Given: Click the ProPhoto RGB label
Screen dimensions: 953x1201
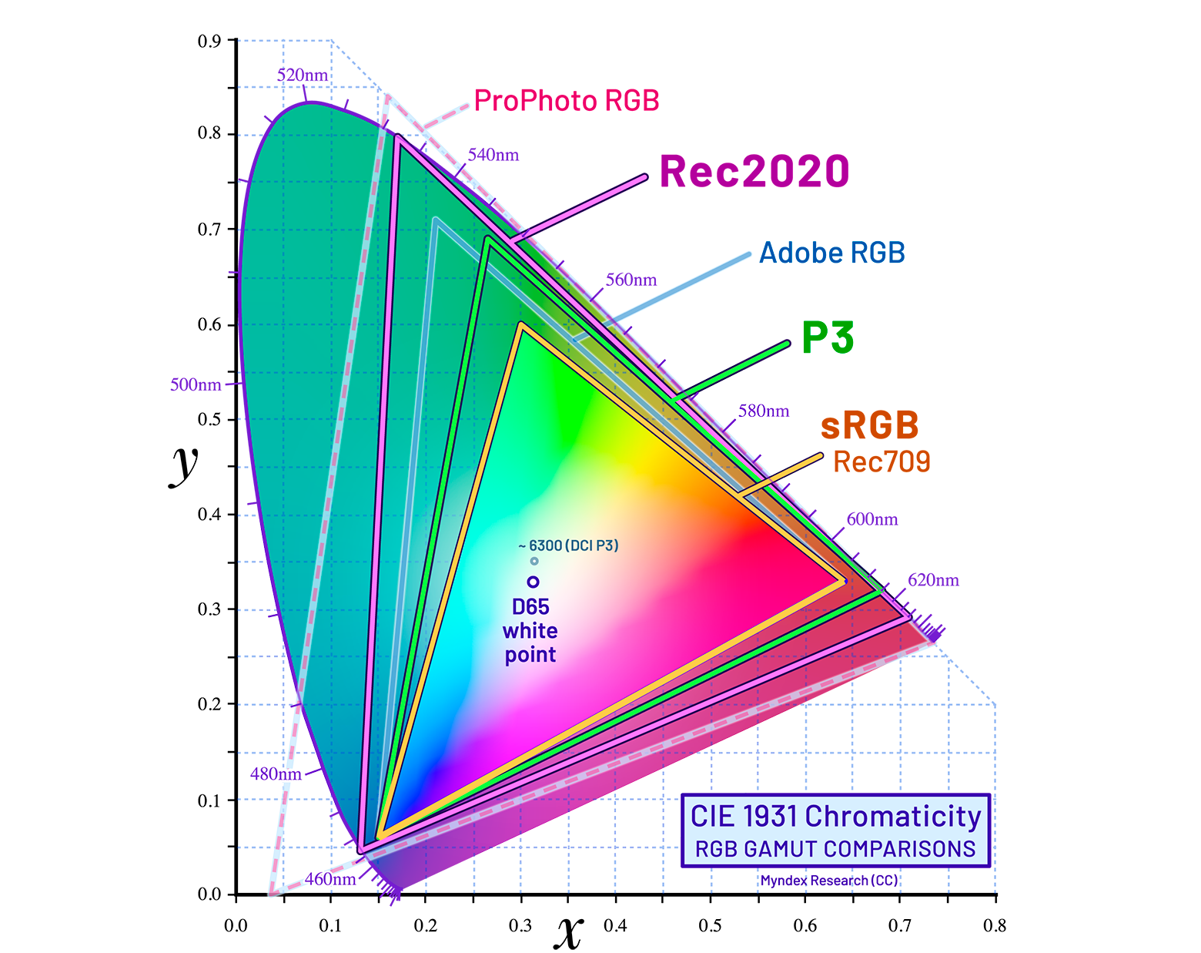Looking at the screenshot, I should pyautogui.click(x=566, y=101).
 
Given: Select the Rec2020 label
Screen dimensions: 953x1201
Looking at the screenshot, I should pyautogui.click(x=754, y=172).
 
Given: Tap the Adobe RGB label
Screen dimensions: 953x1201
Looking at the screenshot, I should pyautogui.click(x=831, y=253).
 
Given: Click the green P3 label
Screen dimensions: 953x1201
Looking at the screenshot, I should pyautogui.click(x=827, y=337).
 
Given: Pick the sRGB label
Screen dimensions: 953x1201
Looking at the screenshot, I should pyautogui.click(x=869, y=425).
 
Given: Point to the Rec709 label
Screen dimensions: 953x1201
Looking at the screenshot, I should pyautogui.click(x=882, y=461).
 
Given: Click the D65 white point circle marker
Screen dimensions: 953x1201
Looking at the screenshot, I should pyautogui.click(x=533, y=582).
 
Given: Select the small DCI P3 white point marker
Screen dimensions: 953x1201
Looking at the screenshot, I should pyautogui.click(x=534, y=561).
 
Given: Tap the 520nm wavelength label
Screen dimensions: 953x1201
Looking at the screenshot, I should pyautogui.click(x=303, y=76).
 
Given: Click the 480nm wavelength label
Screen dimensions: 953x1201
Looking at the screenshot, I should pyautogui.click(x=276, y=773).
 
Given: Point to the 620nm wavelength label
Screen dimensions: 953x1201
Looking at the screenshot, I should pyautogui.click(x=933, y=580).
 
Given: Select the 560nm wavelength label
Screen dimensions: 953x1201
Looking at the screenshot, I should pyautogui.click(x=631, y=280).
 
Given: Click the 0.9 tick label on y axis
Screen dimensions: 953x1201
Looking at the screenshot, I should pyautogui.click(x=209, y=41).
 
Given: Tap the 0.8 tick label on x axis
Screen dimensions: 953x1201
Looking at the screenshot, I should pyautogui.click(x=995, y=925).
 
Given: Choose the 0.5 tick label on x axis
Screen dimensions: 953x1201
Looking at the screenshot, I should pyautogui.click(x=710, y=925).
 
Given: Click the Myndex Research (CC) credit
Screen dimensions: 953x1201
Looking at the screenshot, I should pyautogui.click(x=829, y=881).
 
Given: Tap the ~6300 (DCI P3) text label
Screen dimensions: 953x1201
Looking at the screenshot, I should pyautogui.click(x=569, y=545).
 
